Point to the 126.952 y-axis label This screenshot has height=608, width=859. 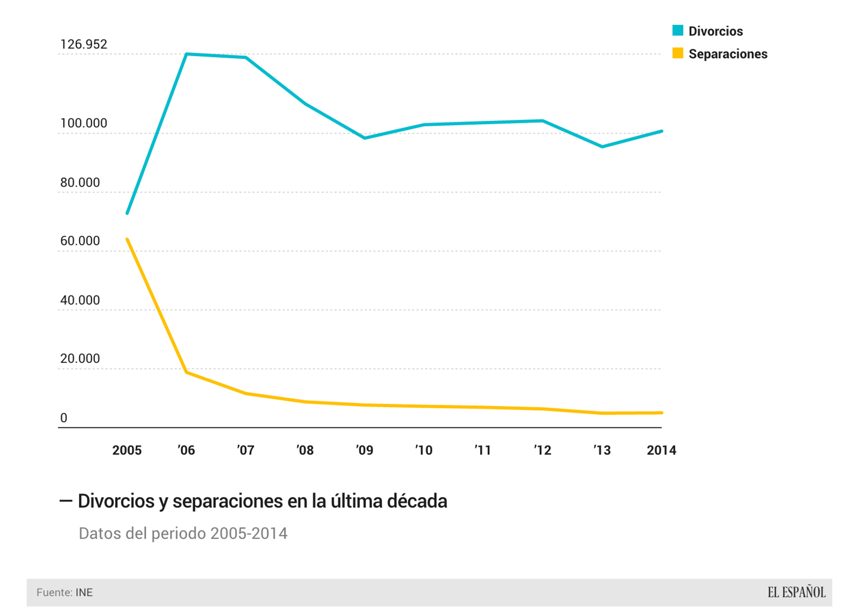point(84,44)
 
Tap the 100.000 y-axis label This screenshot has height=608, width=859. point(84,123)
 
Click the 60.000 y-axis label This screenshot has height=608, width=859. point(80,241)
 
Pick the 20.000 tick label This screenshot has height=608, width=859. point(80,359)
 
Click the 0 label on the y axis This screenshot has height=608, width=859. point(63,418)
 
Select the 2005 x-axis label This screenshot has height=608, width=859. point(127,450)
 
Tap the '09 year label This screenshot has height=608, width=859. point(365,450)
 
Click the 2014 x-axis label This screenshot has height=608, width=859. point(661,450)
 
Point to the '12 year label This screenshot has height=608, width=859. point(542,450)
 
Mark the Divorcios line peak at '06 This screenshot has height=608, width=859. point(187,54)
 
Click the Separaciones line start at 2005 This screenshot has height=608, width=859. point(127,239)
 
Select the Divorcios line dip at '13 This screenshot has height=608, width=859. point(602,146)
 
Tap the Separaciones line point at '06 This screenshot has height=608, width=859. point(187,372)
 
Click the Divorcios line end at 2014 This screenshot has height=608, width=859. point(661,131)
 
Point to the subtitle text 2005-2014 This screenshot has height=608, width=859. point(249,534)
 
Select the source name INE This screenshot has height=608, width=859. point(84,592)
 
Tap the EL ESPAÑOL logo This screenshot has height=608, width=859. point(796,592)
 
